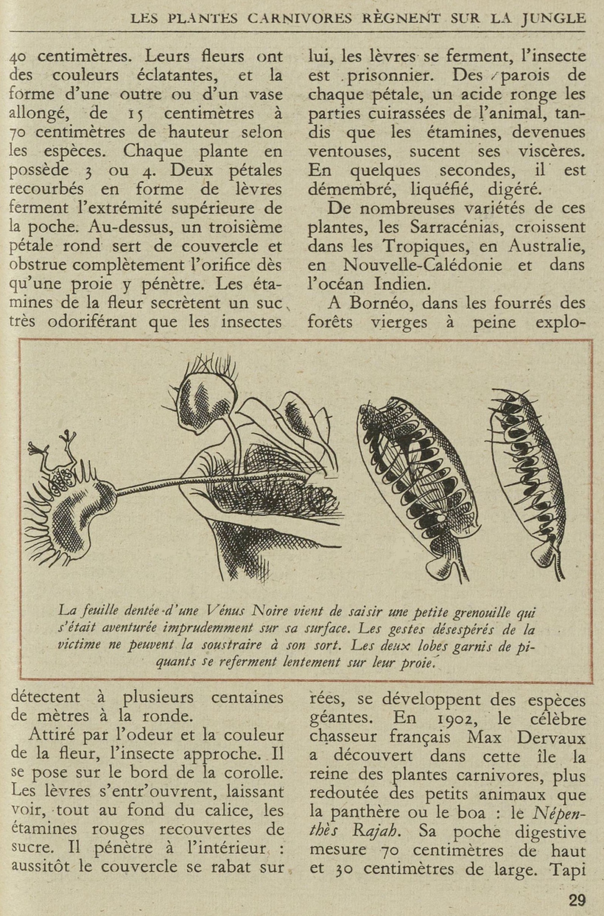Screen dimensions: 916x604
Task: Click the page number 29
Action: point(577,900)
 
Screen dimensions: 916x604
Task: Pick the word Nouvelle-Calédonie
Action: point(422,265)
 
